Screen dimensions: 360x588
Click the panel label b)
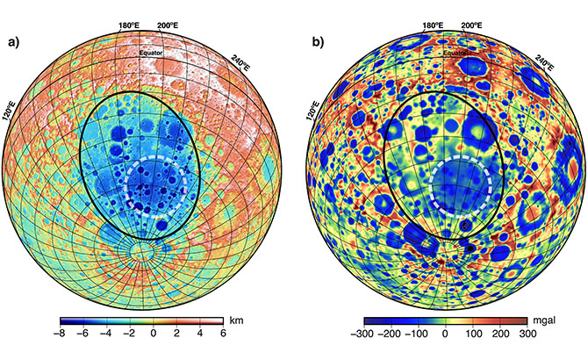pyautogui.click(x=314, y=41)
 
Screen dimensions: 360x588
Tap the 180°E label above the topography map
pyautogui.click(x=128, y=26)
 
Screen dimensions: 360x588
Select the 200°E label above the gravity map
pyautogui.click(x=469, y=26)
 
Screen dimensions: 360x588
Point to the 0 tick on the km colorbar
pyautogui.click(x=154, y=335)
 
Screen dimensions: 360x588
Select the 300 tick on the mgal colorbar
pyautogui.click(x=527, y=335)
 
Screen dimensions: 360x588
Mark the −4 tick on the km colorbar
pyautogui.click(x=105, y=335)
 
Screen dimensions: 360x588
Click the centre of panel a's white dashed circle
pyautogui.click(x=159, y=184)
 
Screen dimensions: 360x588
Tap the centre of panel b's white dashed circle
pyautogui.click(x=461, y=185)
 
